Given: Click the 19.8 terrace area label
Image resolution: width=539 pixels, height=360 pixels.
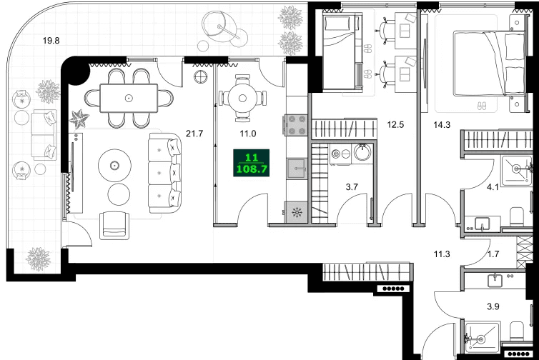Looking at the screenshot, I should click(51, 41).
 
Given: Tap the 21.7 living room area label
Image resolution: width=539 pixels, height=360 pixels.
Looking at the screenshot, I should click(194, 133).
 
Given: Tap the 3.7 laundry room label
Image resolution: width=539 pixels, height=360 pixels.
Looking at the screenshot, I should click(352, 187).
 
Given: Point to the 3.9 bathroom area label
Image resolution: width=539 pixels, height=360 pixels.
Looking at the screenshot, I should click(493, 306).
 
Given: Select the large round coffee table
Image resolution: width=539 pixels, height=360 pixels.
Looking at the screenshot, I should click(114, 166).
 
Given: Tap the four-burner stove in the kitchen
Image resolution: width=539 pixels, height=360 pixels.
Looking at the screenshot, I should click(297, 126).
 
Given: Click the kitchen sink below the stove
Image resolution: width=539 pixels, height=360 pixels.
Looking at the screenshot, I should click(296, 169).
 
